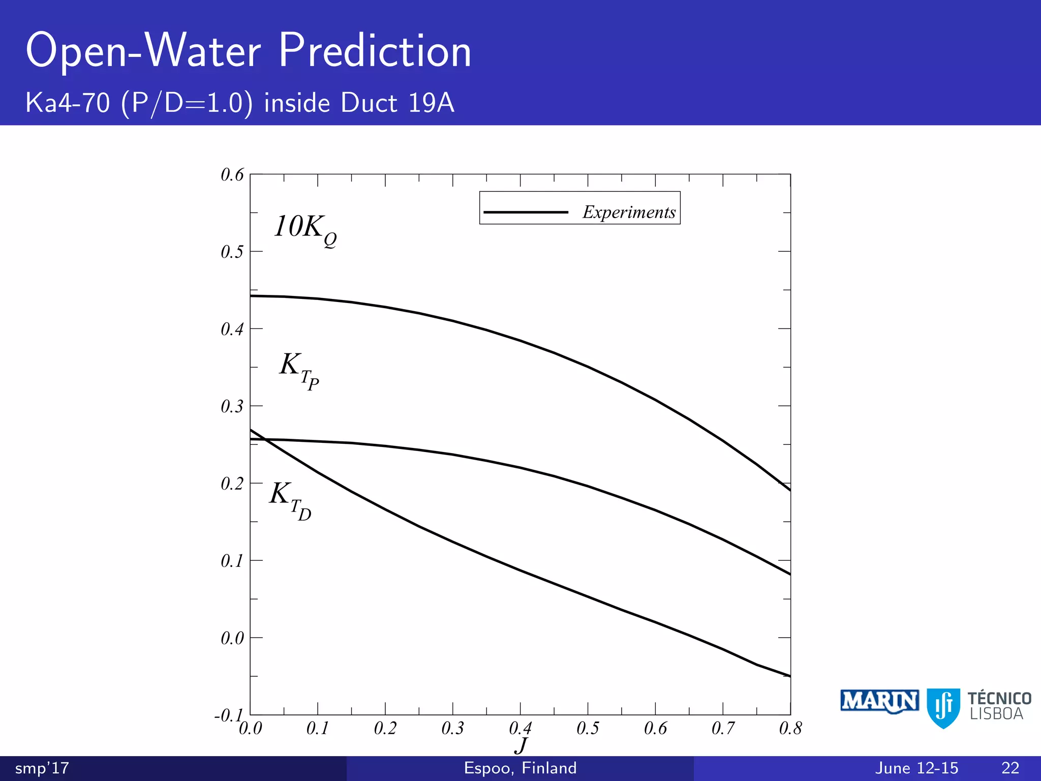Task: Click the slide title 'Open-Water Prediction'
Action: tap(249, 50)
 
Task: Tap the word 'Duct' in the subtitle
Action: tap(369, 103)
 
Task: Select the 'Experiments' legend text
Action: tap(629, 212)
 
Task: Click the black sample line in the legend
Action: tap(526, 212)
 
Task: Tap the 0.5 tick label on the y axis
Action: tap(232, 252)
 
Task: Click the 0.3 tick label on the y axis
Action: tap(232, 406)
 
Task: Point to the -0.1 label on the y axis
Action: tap(227, 715)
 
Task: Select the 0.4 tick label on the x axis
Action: tap(520, 729)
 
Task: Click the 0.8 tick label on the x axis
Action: tap(790, 729)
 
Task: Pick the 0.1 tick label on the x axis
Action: tap(318, 729)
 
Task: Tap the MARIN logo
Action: tap(879, 702)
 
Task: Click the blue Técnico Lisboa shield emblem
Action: tap(943, 707)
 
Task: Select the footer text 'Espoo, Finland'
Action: tap(520, 768)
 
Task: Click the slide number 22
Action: tap(1010, 768)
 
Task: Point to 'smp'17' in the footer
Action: tap(42, 768)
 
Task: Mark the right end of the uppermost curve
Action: tap(790, 490)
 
